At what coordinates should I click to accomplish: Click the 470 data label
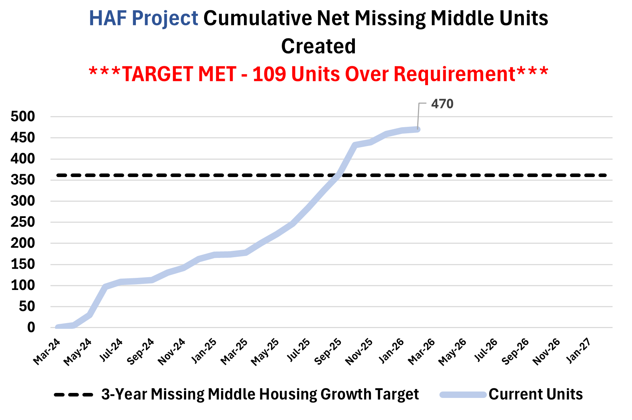tap(442, 104)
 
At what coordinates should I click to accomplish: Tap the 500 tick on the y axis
tap(23, 116)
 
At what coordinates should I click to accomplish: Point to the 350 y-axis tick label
tap(23, 180)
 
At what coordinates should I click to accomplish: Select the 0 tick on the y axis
tap(31, 327)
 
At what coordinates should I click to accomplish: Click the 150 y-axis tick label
tap(23, 264)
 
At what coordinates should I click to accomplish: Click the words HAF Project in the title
tap(143, 18)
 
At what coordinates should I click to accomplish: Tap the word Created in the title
tap(318, 46)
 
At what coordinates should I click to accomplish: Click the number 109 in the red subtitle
tap(269, 74)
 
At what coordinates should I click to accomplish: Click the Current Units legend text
tap(536, 394)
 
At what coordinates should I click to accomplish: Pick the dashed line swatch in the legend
tap(73, 395)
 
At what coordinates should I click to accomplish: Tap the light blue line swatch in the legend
tap(463, 395)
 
